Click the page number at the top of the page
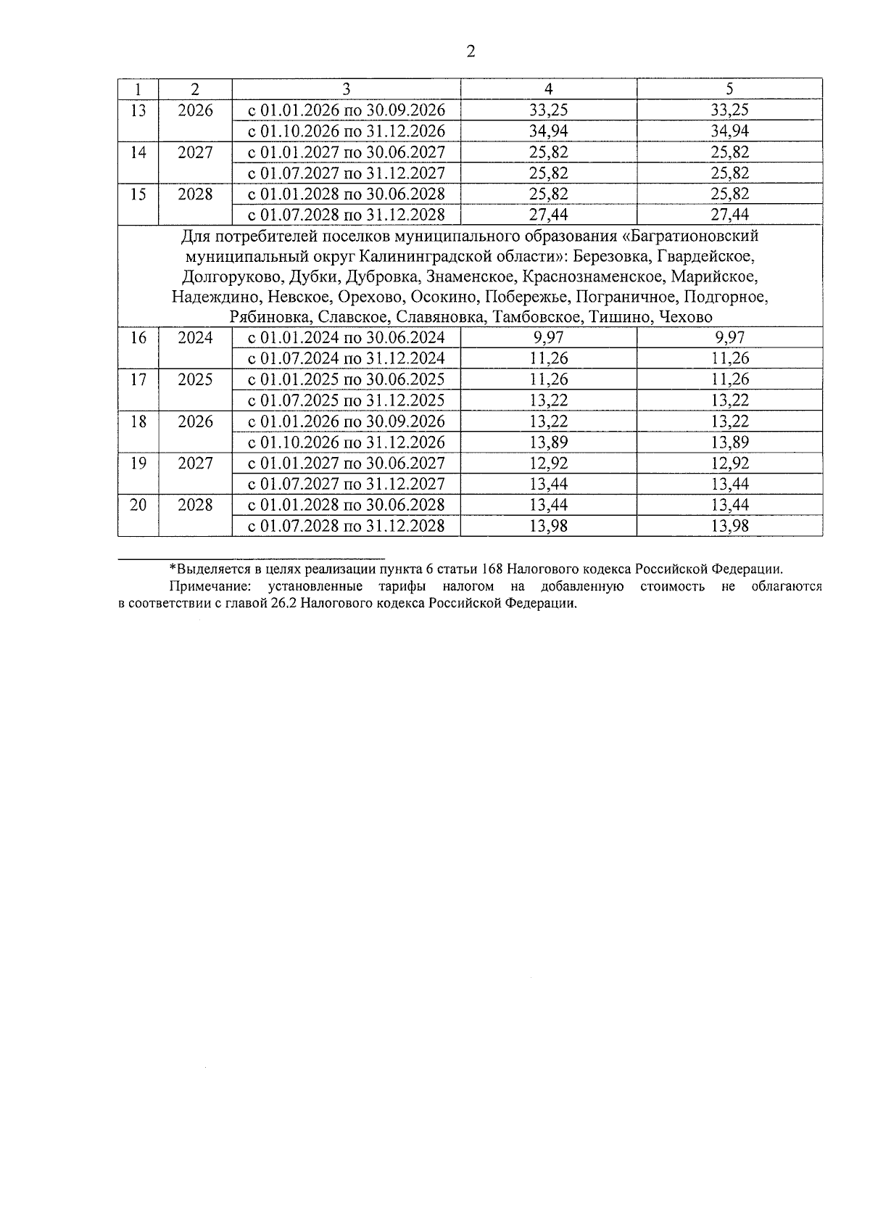[471, 52]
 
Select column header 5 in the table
[729, 88]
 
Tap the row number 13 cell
[138, 110]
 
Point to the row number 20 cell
[138, 505]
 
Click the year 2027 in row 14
[195, 152]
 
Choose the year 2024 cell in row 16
[195, 337]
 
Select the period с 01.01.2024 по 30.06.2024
[346, 337]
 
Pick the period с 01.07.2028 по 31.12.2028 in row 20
[346, 526]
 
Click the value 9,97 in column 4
[548, 337]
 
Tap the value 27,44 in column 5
[729, 215]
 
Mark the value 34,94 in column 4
[548, 131]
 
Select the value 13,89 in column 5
[729, 442]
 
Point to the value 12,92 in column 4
[548, 464]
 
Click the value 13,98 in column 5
[729, 526]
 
